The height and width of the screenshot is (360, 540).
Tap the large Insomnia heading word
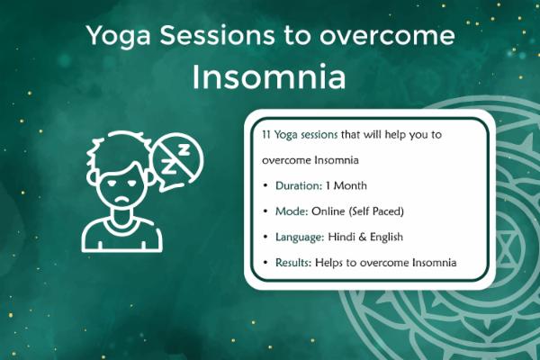[x=269, y=76]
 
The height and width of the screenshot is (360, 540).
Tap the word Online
[x=330, y=211]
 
